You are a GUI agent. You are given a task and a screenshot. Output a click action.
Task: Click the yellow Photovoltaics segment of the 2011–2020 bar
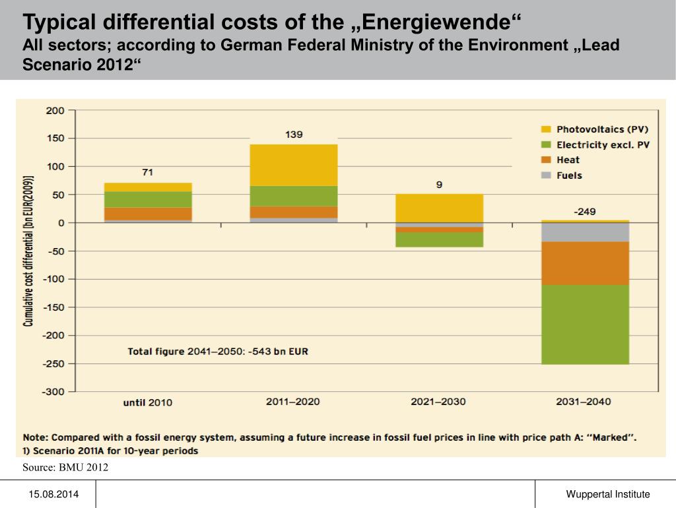[294, 165]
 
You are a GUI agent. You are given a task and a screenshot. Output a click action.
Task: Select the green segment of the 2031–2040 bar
[584, 324]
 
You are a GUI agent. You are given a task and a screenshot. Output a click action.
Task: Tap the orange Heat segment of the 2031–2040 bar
[584, 263]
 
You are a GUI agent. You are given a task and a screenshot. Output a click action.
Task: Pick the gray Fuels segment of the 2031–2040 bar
[584, 232]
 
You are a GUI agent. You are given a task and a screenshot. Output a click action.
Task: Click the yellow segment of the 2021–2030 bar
[439, 208]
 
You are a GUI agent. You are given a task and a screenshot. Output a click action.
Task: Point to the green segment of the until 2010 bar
[148, 199]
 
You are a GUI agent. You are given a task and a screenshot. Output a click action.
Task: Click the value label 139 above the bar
[294, 135]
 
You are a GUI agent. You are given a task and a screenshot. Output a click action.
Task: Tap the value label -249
[584, 212]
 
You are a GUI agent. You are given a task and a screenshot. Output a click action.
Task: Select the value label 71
[148, 173]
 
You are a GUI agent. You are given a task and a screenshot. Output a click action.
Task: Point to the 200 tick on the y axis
[55, 111]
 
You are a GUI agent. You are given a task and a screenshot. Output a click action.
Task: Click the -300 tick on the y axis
[53, 392]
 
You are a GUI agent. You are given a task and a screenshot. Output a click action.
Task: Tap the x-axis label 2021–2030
[438, 401]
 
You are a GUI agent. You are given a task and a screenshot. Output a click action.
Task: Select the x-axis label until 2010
[148, 402]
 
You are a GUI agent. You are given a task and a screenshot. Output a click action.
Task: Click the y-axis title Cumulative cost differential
[28, 251]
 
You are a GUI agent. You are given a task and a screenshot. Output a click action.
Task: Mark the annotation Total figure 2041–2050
[218, 352]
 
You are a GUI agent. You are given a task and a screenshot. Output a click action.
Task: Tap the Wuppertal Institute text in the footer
[607, 494]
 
